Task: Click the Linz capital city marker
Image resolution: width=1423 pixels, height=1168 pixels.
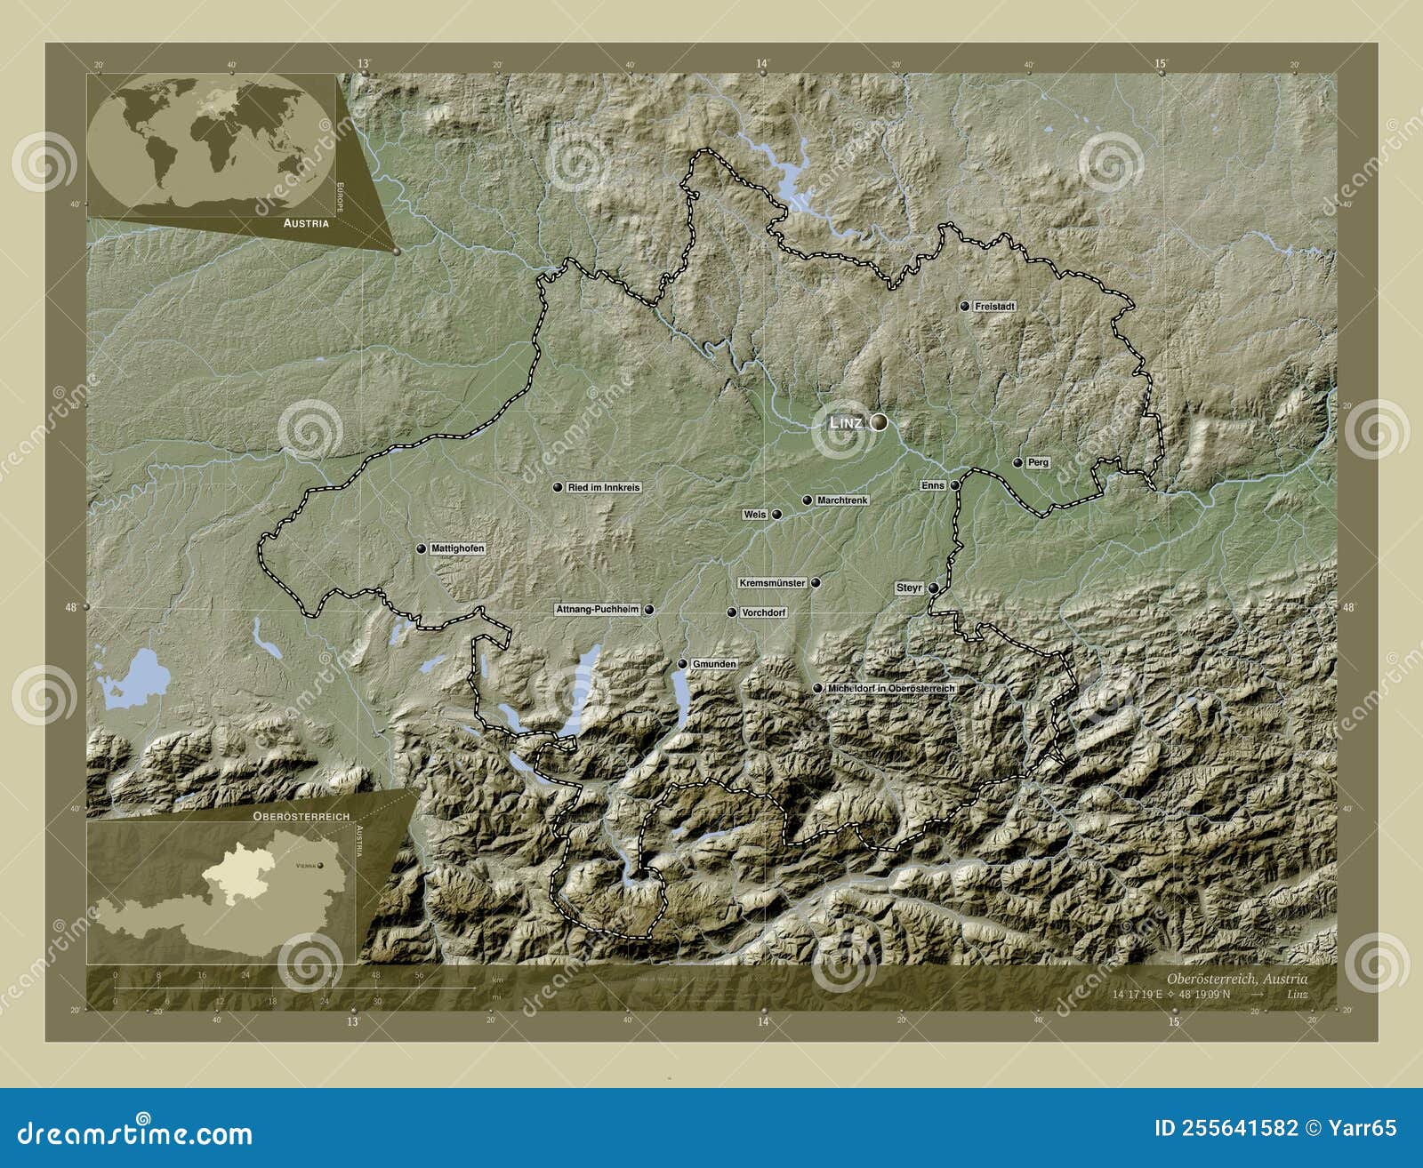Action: [879, 423]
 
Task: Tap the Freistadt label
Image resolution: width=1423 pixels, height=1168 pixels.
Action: [994, 306]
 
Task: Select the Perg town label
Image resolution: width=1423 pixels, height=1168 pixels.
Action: [1038, 462]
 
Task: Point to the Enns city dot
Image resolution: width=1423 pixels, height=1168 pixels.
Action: [954, 485]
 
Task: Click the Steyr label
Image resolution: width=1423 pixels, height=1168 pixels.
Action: [909, 588]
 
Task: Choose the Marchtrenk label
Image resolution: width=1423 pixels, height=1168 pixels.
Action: [841, 500]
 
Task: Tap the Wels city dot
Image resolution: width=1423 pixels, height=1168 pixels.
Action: [776, 515]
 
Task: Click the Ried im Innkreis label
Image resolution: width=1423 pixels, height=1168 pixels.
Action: [603, 487]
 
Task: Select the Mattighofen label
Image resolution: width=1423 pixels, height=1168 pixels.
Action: [457, 548]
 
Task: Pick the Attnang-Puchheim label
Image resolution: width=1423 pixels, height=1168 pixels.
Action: [598, 610]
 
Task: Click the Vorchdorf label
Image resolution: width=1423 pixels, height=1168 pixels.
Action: [763, 612]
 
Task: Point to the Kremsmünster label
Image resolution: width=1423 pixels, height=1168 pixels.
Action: [772, 583]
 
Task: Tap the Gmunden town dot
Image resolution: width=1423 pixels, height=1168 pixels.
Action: [682, 664]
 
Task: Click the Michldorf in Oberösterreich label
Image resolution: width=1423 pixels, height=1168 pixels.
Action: [891, 688]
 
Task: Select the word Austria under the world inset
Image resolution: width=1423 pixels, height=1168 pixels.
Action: [306, 223]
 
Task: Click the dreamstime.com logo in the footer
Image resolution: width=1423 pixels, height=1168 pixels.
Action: [135, 1133]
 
